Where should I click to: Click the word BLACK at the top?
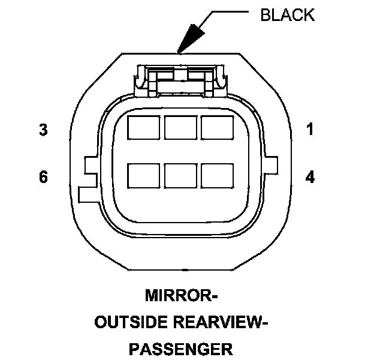(x=287, y=15)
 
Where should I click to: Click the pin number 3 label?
(x=43, y=130)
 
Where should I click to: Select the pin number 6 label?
(x=43, y=178)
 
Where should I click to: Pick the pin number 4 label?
(x=310, y=178)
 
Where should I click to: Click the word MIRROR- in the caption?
(x=180, y=296)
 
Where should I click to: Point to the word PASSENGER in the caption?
(x=180, y=348)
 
